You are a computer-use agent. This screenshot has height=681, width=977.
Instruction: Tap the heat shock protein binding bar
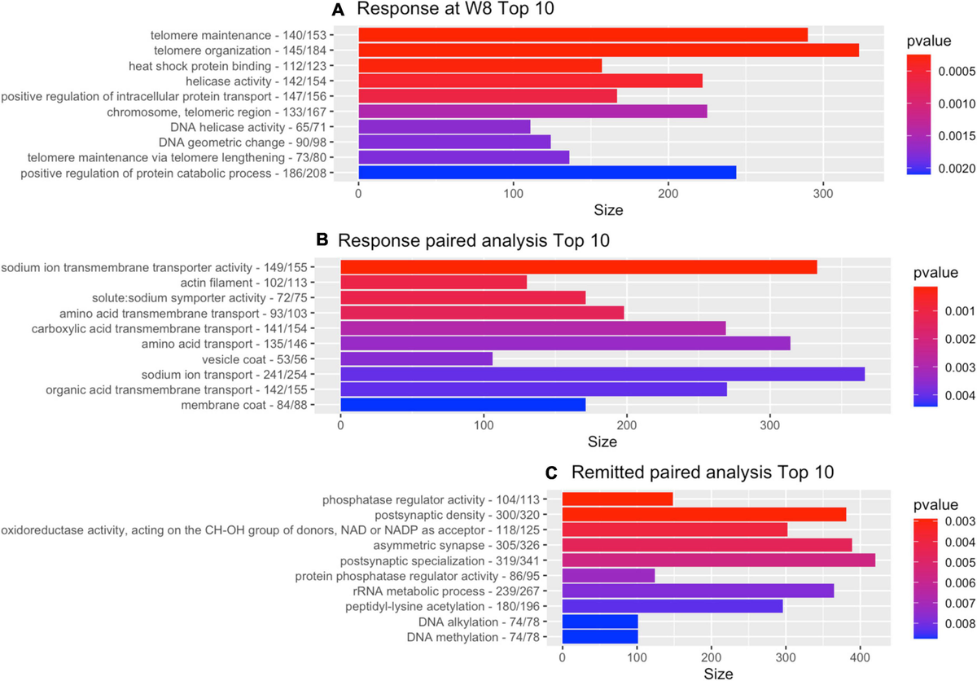(480, 65)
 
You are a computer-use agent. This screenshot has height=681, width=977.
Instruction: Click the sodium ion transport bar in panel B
(602, 374)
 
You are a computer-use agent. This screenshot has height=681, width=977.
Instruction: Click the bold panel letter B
(322, 240)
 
